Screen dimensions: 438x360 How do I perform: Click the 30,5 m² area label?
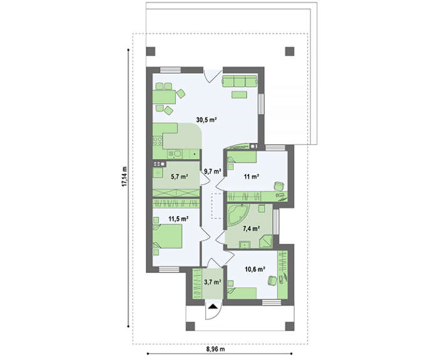(x=206, y=120)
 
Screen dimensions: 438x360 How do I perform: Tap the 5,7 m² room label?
(x=179, y=177)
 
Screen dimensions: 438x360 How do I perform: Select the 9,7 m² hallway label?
(x=213, y=172)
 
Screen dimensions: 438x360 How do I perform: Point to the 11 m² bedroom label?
(x=252, y=177)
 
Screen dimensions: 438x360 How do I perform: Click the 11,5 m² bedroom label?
(x=178, y=219)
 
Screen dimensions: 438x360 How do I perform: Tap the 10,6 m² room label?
(x=255, y=269)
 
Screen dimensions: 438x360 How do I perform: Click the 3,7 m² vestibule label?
(x=213, y=282)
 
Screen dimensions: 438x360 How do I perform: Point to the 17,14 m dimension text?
(x=125, y=178)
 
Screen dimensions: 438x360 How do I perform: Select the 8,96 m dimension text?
(x=216, y=349)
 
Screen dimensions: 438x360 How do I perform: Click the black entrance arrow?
(x=213, y=306)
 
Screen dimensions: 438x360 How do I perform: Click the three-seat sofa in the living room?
(x=240, y=81)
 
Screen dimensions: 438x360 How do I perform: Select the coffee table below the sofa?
(x=239, y=95)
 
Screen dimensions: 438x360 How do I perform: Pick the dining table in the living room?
(x=164, y=97)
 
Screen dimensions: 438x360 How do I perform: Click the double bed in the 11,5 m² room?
(x=168, y=237)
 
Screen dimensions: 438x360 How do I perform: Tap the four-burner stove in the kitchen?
(x=158, y=141)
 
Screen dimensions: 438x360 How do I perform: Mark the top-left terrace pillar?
(x=151, y=51)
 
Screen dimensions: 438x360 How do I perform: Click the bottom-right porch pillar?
(x=290, y=326)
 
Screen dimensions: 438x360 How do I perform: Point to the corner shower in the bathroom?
(x=266, y=241)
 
